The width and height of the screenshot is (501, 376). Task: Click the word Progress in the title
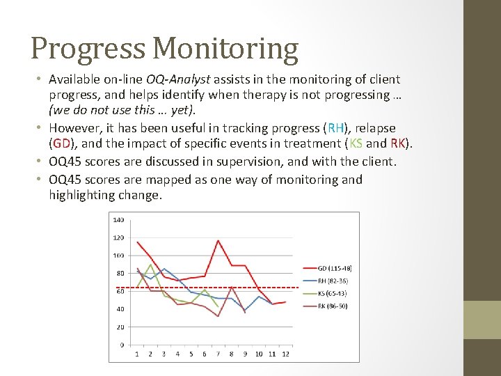pos(88,49)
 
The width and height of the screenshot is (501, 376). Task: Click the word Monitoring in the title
pos(225,49)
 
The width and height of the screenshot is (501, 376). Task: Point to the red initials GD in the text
pos(61,143)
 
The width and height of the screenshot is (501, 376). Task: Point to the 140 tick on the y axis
pos(118,220)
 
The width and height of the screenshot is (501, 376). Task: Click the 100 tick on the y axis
pos(118,256)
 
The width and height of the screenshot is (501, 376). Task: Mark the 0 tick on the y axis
pos(122,345)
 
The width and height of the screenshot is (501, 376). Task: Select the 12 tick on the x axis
pos(285,354)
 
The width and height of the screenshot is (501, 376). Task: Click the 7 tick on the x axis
pos(218,354)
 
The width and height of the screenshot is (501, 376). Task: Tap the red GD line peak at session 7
pos(218,241)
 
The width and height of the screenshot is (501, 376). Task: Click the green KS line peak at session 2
pos(150,265)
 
